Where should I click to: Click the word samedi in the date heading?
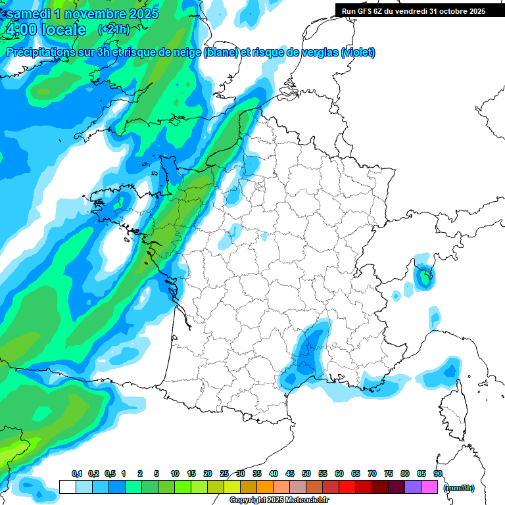pyautogui.click(x=30, y=14)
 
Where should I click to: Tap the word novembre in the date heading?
pyautogui.click(x=95, y=14)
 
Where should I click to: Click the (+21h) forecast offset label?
pyautogui.click(x=112, y=30)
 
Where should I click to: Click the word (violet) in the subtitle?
pyautogui.click(x=358, y=53)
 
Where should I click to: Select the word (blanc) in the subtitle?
pyautogui.click(x=221, y=53)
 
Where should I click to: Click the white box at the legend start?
pyautogui.click(x=67, y=487)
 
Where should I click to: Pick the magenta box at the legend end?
pyautogui.click(x=429, y=487)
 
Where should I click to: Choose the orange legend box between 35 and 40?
pyautogui.click(x=265, y=487)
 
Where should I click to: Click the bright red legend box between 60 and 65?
pyautogui.click(x=347, y=487)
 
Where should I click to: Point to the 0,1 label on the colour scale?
pyautogui.click(x=76, y=474)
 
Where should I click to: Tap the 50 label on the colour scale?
pyautogui.click(x=306, y=474)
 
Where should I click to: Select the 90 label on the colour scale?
pyautogui.click(x=437, y=474)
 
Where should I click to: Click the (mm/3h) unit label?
pyautogui.click(x=458, y=488)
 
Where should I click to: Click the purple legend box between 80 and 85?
pyautogui.click(x=413, y=487)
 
